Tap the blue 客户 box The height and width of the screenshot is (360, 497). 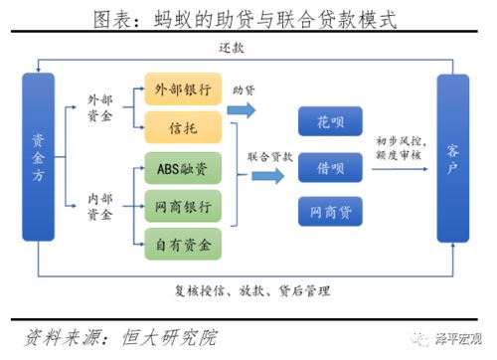tap(452, 157)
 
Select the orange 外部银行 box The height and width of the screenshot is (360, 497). tap(182, 90)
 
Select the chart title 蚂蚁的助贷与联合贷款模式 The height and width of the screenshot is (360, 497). tap(249, 18)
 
